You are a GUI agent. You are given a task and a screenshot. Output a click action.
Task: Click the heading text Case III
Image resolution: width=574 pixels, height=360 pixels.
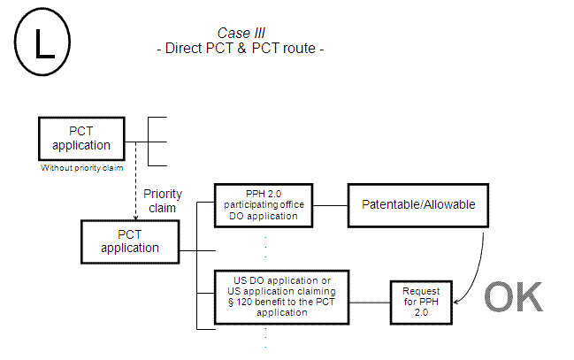point(241,33)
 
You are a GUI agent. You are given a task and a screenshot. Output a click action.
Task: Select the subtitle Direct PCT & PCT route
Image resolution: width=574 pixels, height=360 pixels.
point(240,48)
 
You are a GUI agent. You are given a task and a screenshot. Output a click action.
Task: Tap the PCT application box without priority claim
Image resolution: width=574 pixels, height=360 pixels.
point(81,139)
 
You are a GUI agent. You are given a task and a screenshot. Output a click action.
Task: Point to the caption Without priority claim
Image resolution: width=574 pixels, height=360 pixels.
point(81,167)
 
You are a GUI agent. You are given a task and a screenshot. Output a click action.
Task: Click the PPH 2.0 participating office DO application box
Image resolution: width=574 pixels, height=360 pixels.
point(263,204)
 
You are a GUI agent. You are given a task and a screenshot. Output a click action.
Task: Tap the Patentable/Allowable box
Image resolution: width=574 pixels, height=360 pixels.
point(418,204)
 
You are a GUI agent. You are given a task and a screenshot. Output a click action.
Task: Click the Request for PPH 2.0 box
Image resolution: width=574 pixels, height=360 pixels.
point(421,302)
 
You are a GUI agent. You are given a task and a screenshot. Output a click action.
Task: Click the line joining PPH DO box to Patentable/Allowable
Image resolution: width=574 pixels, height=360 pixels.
point(329,204)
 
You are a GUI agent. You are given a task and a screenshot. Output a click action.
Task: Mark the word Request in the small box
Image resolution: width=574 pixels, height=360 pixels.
point(421,291)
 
